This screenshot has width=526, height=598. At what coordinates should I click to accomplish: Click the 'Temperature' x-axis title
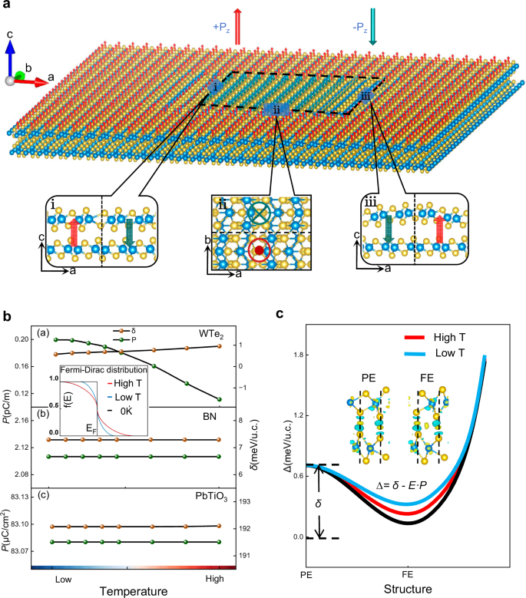tap(135, 591)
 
